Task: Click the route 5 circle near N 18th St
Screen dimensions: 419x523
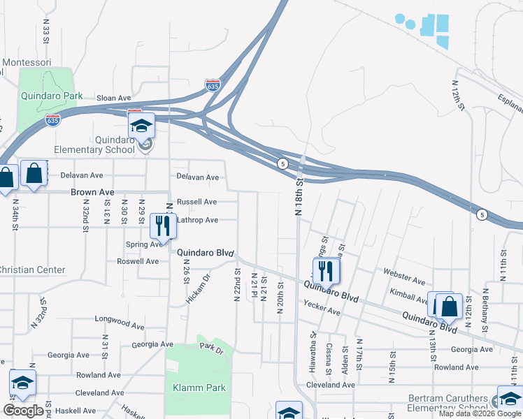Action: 282,163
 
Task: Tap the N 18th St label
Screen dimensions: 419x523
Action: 298,198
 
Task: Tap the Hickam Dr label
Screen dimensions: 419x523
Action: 198,288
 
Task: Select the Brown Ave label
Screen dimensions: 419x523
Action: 92,192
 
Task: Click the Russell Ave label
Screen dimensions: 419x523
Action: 196,202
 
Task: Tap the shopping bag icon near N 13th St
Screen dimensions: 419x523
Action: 447,305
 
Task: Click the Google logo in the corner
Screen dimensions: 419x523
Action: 23,411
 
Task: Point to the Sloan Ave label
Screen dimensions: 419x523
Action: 113,98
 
